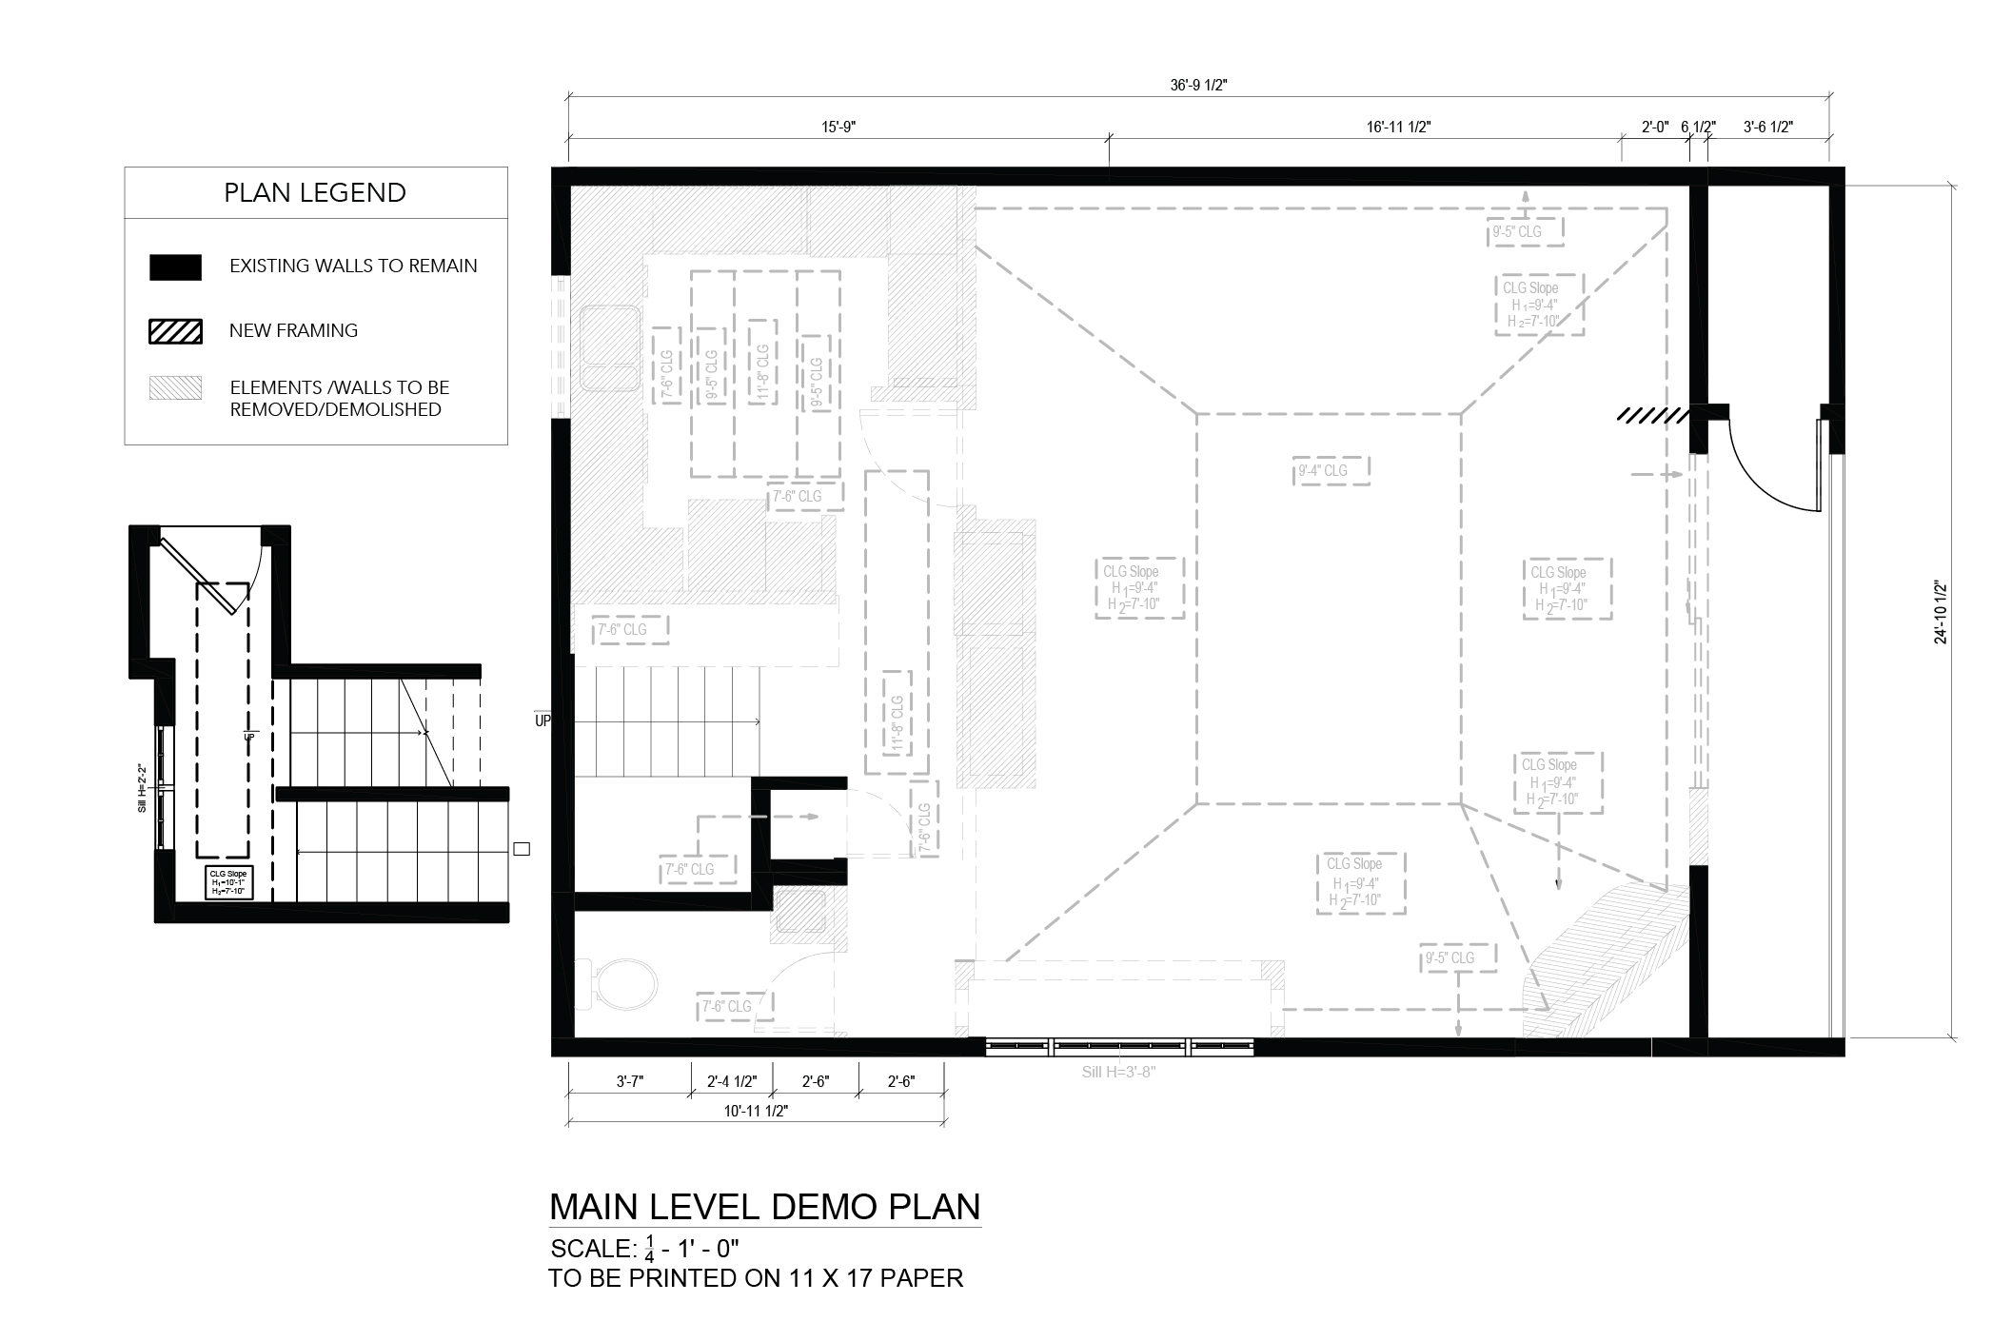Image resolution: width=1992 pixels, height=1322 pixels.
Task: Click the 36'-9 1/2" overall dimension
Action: (x=1198, y=85)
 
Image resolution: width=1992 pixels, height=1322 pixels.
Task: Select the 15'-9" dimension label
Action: (x=838, y=127)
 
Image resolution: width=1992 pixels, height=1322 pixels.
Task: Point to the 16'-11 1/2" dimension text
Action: (x=1398, y=127)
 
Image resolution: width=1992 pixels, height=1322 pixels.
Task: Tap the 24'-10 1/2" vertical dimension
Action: (x=1941, y=612)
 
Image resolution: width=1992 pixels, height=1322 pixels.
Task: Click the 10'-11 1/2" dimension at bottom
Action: (x=756, y=1111)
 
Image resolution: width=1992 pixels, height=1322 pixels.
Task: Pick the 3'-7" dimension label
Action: (x=629, y=1081)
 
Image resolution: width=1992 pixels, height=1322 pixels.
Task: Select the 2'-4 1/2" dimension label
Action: (x=732, y=1081)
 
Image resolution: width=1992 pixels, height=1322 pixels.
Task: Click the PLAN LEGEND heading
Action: (x=315, y=192)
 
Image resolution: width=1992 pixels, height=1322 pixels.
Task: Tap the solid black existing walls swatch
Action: (x=175, y=267)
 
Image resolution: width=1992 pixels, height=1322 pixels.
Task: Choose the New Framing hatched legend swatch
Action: (x=175, y=331)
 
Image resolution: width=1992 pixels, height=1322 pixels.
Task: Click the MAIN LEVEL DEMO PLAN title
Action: (x=764, y=1207)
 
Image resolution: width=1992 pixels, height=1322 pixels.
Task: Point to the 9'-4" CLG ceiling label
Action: (x=1322, y=470)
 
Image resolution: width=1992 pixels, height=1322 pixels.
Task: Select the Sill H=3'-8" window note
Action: (x=1118, y=1072)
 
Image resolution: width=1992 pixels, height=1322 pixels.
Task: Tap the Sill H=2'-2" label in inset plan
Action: (x=142, y=787)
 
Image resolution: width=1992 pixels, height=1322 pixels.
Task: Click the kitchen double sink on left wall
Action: (x=609, y=347)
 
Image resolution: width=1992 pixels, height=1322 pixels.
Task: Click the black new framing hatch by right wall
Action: (x=1652, y=416)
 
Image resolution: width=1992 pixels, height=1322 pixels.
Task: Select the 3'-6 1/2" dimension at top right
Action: (x=1767, y=127)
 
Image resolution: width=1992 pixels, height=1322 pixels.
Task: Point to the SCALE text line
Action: (x=644, y=1248)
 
